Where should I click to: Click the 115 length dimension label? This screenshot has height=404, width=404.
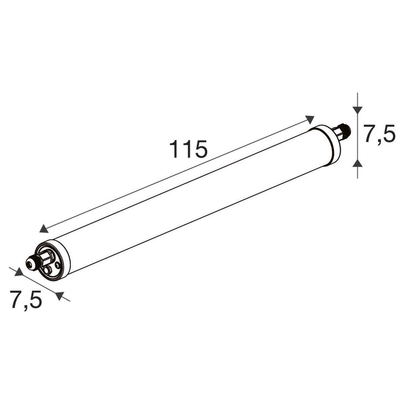pos(188,149)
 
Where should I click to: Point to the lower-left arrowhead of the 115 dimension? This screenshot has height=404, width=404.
pos(44,228)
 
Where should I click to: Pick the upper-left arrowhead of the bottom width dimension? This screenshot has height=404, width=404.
pos(19,272)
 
